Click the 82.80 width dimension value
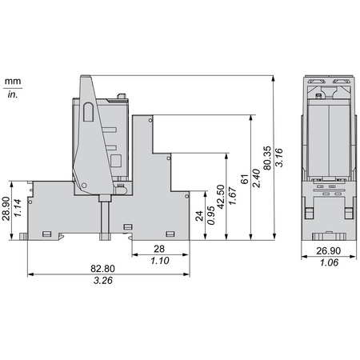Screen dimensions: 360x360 pos(102,268)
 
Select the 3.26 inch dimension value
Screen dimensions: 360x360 pos(103,280)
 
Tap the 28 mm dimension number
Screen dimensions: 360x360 pos(159,249)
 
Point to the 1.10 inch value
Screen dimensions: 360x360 pos(160,261)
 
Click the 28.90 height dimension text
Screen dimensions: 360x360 pos(6,209)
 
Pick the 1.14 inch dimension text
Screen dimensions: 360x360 pos(18,208)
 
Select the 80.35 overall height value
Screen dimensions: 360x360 pos(267,158)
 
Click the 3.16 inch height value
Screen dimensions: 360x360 pos(279,158)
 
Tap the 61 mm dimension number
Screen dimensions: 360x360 pos(244,179)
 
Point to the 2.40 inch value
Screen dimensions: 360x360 pos(256,178)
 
